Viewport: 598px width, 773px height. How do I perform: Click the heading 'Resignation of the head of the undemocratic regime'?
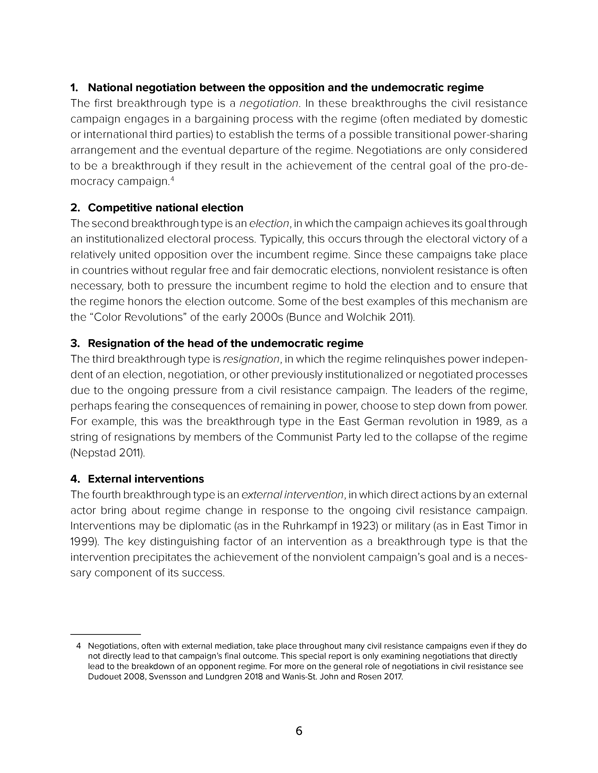tap(225, 343)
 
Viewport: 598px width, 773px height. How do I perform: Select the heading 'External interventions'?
tap(146, 479)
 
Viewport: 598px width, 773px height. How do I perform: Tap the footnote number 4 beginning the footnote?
tap(79, 646)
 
